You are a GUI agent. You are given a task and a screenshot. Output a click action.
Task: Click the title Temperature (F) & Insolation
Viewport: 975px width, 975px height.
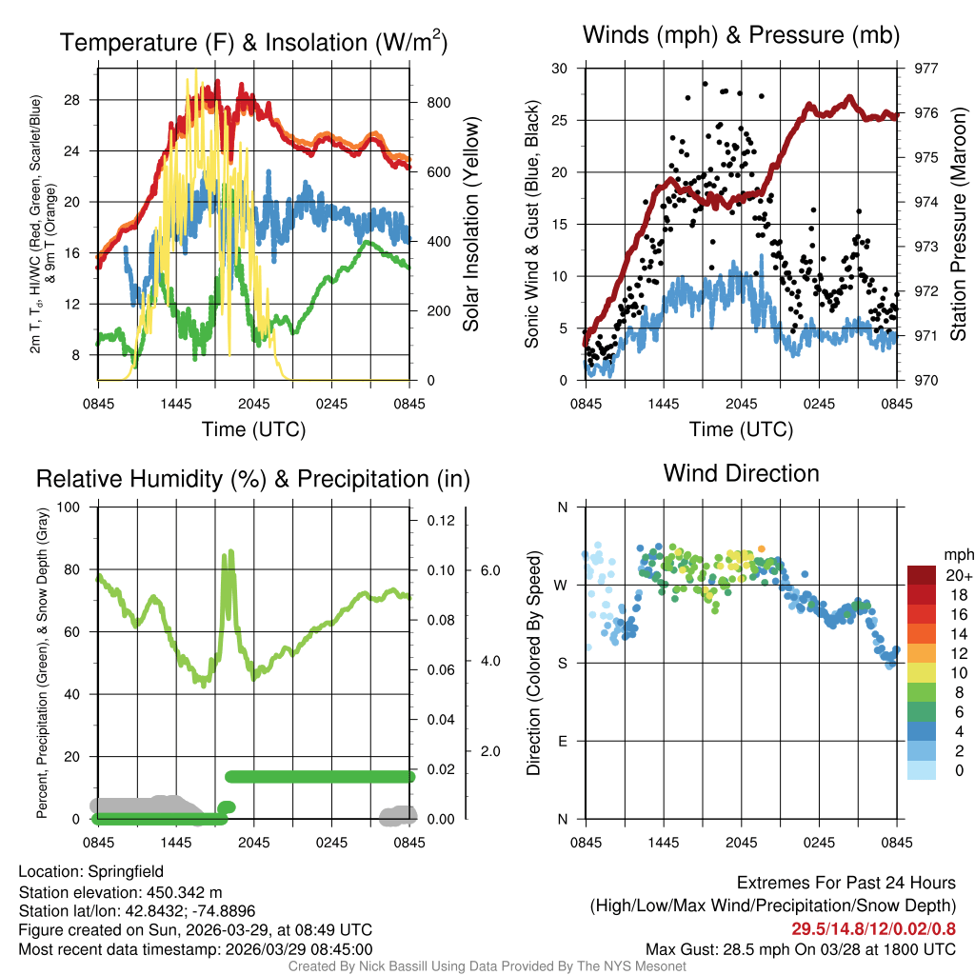tap(253, 43)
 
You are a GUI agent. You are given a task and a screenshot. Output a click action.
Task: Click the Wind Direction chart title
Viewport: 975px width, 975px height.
tap(741, 473)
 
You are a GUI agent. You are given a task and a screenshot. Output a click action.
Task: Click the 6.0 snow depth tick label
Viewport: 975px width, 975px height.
tap(489, 570)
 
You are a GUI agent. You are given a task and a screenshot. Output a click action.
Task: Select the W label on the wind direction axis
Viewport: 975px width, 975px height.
tap(562, 585)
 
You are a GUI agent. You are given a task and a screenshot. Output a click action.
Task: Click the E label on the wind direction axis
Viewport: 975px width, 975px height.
tap(562, 741)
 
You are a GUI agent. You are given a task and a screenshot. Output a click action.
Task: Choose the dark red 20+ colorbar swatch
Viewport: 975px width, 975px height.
tap(923, 575)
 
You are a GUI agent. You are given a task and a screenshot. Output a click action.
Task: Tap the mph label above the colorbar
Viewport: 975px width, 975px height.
tap(956, 554)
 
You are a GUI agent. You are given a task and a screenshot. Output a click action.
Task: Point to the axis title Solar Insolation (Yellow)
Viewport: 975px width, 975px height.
tap(470, 225)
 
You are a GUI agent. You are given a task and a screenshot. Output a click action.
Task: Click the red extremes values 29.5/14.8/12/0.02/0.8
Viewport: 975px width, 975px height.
tap(873, 927)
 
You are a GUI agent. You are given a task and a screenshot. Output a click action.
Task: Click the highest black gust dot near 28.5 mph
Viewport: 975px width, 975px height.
tap(705, 84)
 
